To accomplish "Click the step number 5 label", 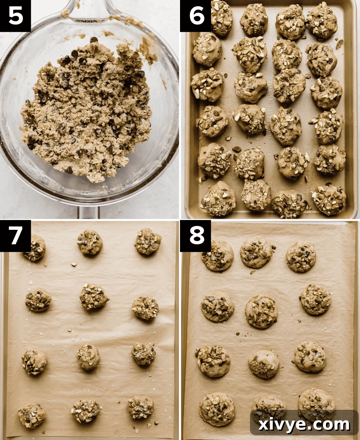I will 15,16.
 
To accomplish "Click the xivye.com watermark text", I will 304,424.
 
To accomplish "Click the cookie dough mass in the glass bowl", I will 87,110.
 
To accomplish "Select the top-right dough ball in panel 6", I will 322,20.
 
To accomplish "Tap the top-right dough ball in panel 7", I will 148,241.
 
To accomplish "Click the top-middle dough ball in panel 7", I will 90,242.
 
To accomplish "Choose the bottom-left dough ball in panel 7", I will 32,416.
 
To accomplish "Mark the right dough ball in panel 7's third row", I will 143,354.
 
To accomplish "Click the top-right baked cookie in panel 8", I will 301,257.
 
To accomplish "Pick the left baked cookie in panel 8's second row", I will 217,306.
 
